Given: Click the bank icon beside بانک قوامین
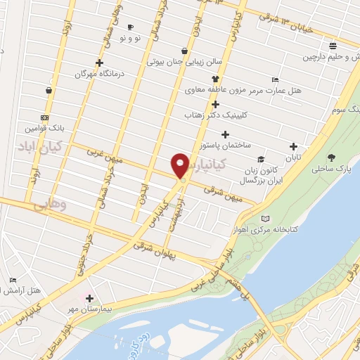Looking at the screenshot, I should [44, 117].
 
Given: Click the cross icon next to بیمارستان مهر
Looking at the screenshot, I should [89, 298].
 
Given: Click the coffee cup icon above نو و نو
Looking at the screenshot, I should [129, 27].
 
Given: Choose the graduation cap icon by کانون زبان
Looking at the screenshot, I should [261, 160].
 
